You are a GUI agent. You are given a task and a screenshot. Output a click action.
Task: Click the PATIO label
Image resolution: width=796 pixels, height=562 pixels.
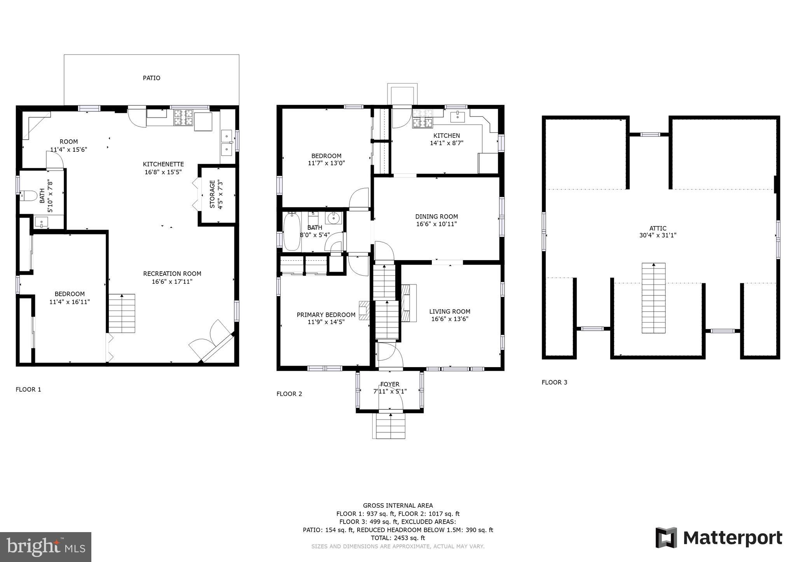tap(151, 78)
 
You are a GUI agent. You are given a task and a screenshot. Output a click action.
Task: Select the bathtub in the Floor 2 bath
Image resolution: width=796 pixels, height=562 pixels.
tap(292, 232)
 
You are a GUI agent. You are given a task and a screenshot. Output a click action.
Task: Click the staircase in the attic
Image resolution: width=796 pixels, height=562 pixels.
tap(653, 298)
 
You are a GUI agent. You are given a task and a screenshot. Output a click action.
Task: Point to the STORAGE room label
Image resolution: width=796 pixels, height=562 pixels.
tap(212, 194)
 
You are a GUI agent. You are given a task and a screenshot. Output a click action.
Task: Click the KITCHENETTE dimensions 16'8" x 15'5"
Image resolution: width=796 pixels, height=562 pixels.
tap(163, 172)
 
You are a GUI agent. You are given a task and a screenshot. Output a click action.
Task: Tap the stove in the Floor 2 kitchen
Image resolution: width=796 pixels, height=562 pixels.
tap(422, 118)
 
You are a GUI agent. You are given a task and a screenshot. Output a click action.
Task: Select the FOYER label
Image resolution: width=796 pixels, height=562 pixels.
tap(390, 384)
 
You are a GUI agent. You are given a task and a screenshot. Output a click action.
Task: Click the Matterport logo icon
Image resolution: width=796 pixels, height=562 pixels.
tap(666, 538)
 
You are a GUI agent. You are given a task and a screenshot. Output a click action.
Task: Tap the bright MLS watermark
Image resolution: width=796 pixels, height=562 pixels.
tap(45, 547)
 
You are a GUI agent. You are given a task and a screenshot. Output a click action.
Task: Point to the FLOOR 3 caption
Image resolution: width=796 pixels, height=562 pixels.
tap(554, 382)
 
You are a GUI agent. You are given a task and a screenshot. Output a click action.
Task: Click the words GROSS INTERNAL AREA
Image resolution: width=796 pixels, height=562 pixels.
tap(398, 505)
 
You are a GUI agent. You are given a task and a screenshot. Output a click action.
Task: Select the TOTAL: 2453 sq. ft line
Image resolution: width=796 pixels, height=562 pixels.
tap(398, 538)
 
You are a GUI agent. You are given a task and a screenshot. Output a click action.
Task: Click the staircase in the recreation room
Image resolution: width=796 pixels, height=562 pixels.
tap(122, 313)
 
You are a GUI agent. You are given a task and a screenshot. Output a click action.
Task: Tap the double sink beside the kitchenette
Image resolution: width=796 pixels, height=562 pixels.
tap(227, 142)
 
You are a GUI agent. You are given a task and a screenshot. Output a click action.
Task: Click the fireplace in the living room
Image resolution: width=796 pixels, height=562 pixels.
tap(408, 303)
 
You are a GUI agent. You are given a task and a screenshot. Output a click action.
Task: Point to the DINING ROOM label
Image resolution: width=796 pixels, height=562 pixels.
tap(436, 217)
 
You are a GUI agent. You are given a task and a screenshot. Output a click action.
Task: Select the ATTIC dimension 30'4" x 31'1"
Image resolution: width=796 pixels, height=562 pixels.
tap(658, 235)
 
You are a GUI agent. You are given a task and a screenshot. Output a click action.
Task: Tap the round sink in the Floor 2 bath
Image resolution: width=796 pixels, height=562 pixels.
tap(333, 219)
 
